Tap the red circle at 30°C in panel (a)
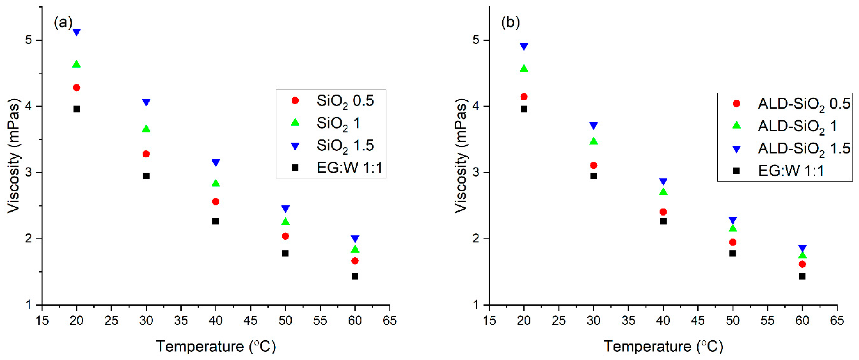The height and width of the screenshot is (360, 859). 146,154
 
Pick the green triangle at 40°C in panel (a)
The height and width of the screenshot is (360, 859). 216,183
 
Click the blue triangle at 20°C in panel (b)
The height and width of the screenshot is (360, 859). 524,46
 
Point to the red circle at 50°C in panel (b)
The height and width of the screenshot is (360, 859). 733,242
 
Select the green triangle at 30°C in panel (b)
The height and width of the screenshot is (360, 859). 594,141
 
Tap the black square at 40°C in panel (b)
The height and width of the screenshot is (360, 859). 663,221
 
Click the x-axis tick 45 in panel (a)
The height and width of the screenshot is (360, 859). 250,320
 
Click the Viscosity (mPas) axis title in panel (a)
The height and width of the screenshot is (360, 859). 14,156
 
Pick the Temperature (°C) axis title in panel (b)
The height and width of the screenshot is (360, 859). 663,346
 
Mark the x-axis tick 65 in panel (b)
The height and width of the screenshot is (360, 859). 837,320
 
